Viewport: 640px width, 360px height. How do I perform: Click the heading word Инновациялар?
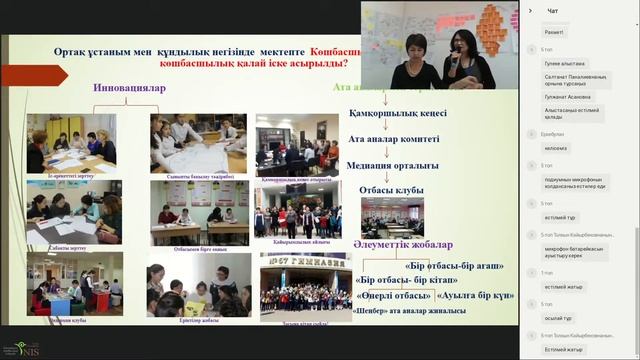pos(129,88)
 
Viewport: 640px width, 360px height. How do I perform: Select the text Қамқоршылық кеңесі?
pos(397,113)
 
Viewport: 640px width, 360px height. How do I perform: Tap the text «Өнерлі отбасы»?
pos(392,295)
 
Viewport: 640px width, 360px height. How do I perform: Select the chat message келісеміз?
pos(557,148)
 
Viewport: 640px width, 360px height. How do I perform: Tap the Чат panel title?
pos(553,11)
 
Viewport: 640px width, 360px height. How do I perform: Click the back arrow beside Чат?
pos(530,11)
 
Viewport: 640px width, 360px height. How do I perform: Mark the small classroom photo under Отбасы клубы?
pos(391,216)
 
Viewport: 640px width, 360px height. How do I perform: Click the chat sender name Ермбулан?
pos(553,133)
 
